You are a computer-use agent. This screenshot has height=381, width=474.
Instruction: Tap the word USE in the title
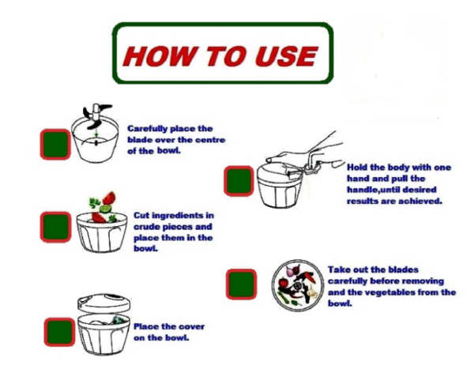287,56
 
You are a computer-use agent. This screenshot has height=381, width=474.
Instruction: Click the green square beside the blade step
55,144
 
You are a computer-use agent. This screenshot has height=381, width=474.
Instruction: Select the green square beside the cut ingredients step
55,227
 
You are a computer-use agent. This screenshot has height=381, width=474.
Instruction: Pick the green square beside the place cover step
59,332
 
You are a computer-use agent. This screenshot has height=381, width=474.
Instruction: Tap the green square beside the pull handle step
239,181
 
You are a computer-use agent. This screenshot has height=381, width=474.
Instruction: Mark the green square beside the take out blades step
241,285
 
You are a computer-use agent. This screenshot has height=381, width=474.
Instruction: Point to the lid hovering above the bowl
104,303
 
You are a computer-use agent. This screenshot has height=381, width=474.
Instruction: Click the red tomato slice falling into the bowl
109,198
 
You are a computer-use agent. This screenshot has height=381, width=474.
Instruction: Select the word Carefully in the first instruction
147,129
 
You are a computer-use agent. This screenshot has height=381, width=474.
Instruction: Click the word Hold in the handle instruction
357,168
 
